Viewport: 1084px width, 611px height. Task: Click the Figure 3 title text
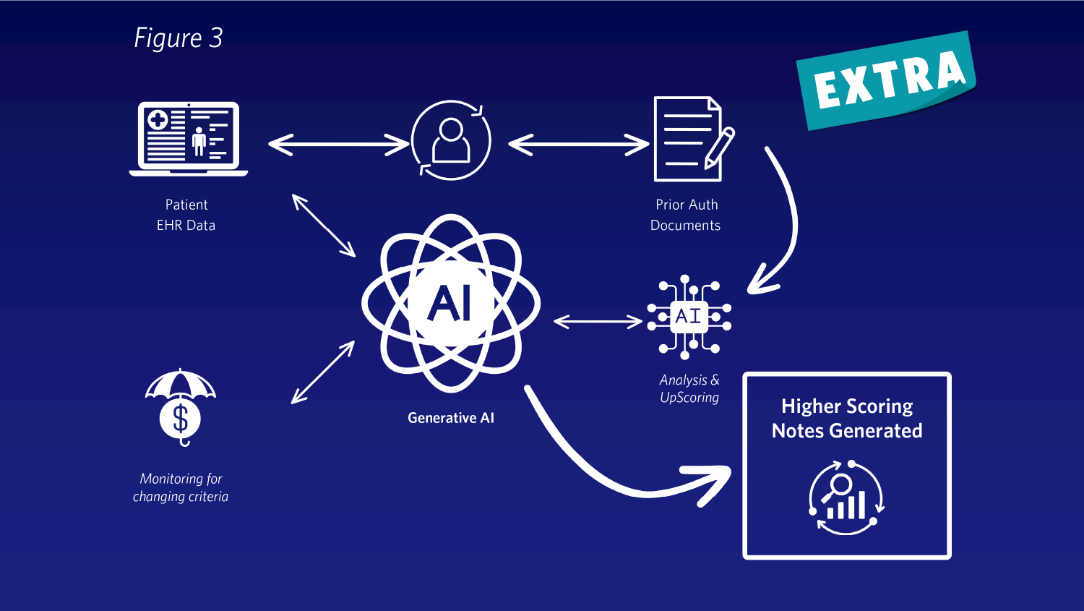coord(178,38)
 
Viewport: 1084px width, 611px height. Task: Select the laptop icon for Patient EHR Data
coord(189,138)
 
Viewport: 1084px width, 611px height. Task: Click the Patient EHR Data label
coord(186,215)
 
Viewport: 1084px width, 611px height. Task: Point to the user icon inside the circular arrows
coord(451,140)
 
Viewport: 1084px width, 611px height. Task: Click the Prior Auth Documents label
coord(686,215)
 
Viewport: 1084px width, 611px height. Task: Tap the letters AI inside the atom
coord(450,303)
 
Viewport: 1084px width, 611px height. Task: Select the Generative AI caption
coord(451,418)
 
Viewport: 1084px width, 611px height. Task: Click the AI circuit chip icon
coord(689,317)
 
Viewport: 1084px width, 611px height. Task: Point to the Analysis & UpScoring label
coord(689,388)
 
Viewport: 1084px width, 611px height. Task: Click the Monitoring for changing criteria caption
coord(181,487)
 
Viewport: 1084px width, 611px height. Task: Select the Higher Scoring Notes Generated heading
coord(847,419)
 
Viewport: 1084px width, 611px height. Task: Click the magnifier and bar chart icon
coord(846,498)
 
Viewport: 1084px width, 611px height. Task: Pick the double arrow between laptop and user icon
coord(338,144)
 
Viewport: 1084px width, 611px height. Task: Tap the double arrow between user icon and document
coord(578,144)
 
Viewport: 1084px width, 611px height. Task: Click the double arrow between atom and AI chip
coord(598,321)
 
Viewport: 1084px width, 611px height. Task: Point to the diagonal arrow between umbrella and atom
coord(323,372)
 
